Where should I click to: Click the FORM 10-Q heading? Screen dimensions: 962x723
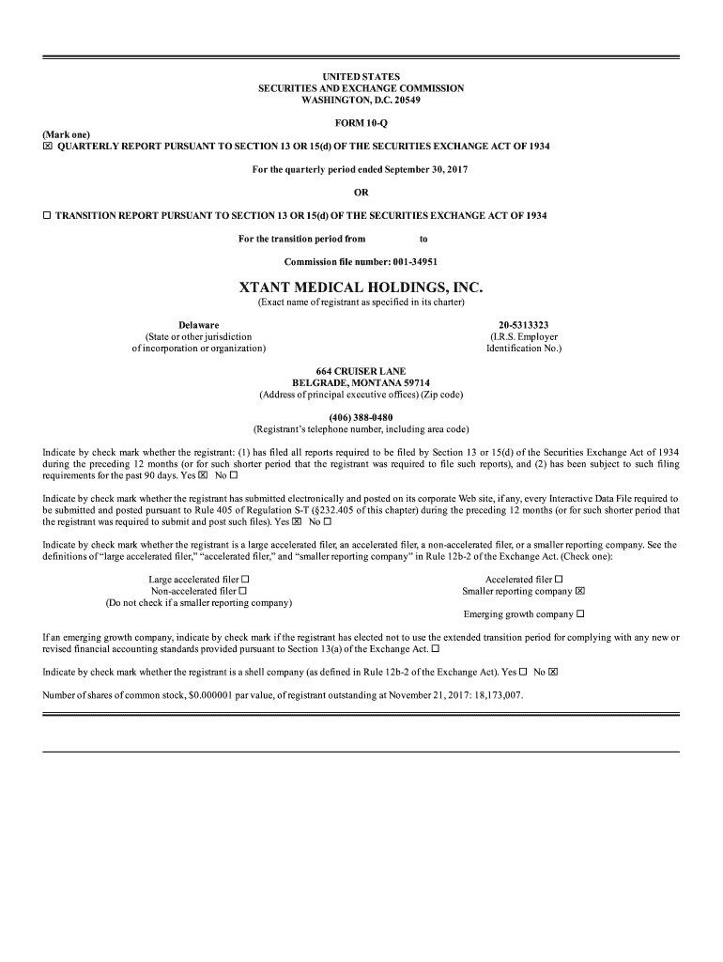click(x=361, y=123)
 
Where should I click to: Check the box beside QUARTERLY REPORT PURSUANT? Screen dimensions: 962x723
click(x=48, y=147)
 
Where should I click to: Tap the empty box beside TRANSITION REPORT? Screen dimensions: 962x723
click(x=47, y=216)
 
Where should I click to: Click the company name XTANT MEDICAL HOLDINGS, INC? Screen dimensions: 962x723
click(x=361, y=286)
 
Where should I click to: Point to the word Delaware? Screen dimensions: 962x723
click(x=199, y=325)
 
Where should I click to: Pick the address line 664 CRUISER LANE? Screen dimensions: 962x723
click(x=361, y=372)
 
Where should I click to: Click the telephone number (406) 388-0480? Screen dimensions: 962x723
click(x=361, y=417)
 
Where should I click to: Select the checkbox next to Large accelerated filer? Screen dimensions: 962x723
click(x=245, y=580)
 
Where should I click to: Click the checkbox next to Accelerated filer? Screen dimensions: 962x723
click(x=559, y=580)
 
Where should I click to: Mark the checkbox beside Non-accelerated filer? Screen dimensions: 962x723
click(x=242, y=591)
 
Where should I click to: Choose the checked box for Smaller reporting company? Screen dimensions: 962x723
click(x=580, y=591)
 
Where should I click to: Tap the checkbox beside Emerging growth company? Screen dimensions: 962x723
click(x=580, y=614)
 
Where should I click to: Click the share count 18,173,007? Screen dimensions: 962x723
click(x=494, y=696)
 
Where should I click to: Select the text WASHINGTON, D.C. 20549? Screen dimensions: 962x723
click(x=361, y=100)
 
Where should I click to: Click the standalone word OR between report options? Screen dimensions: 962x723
click(x=361, y=193)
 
